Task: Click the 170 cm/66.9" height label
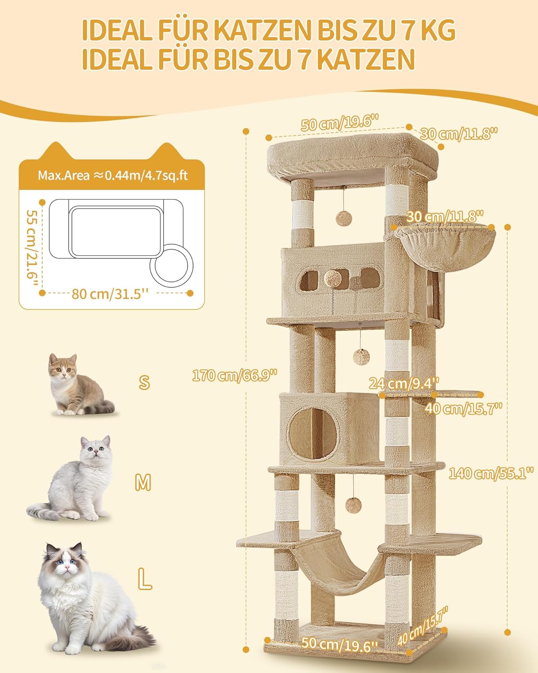[234, 375]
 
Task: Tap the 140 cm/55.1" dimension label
[491, 473]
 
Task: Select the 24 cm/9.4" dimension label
[404, 383]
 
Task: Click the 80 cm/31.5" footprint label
[110, 294]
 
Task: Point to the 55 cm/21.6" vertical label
[33, 248]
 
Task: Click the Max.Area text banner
[113, 175]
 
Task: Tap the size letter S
[144, 382]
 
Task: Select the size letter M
[143, 482]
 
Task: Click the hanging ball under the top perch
[343, 218]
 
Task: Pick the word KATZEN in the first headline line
[264, 31]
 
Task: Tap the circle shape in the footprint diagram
[172, 265]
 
